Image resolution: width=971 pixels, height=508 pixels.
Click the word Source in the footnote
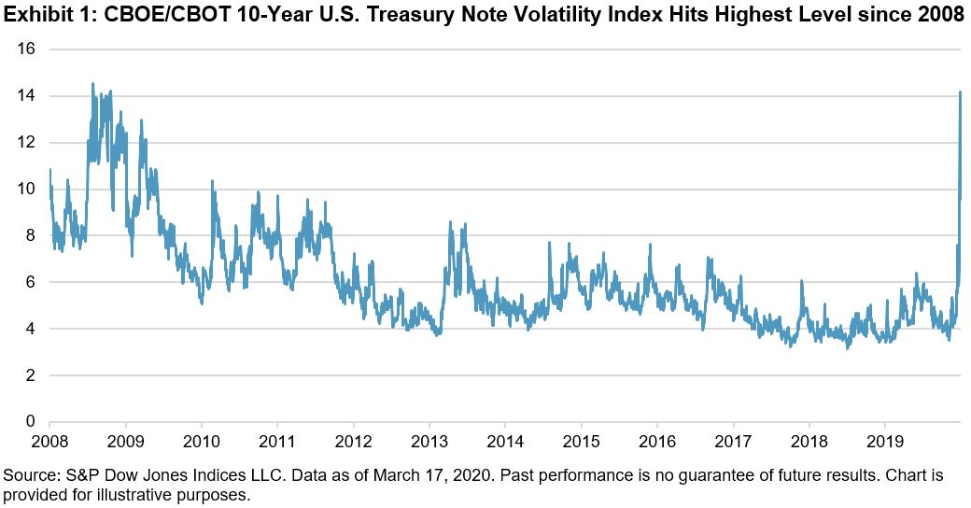tap(29, 475)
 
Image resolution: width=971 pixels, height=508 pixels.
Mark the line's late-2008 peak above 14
tap(92, 84)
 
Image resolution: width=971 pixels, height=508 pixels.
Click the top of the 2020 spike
tap(960, 92)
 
